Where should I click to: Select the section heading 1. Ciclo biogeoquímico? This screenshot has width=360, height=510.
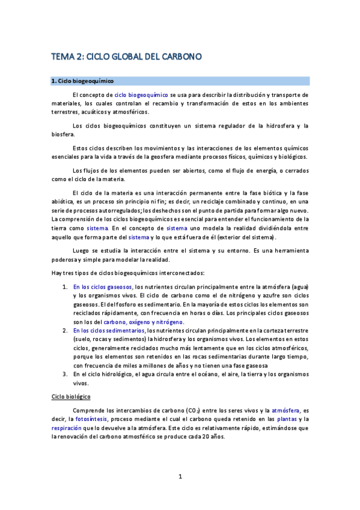(82, 81)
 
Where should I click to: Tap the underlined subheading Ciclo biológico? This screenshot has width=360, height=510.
(71, 398)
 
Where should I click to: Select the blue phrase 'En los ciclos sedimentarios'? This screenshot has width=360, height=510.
(109, 331)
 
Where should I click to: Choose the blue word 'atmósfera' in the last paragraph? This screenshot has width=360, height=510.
(280, 410)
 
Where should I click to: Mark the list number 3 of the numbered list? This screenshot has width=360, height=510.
(64, 375)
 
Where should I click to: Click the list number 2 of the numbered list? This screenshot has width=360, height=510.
(64, 331)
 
